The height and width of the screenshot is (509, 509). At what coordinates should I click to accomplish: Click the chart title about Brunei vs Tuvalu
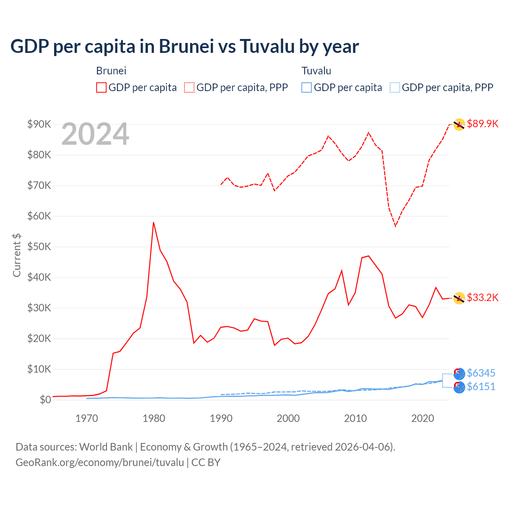(185, 47)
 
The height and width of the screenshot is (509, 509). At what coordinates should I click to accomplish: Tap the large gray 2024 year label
(95, 134)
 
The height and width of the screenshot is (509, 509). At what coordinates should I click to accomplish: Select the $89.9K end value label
(482, 124)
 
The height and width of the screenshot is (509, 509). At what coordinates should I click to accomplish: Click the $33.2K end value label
(482, 297)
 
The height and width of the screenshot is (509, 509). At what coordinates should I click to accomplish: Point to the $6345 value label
(481, 373)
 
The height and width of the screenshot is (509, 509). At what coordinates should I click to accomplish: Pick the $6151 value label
(481, 387)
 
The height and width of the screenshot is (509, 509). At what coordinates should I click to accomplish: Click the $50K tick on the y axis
(39, 247)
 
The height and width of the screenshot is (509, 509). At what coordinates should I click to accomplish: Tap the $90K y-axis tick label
(39, 124)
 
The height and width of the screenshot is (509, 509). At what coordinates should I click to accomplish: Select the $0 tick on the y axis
(45, 400)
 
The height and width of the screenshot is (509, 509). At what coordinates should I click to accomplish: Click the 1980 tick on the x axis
(154, 418)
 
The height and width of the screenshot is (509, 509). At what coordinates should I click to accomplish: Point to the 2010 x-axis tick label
(355, 418)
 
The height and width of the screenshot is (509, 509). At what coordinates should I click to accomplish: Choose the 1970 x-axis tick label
(87, 418)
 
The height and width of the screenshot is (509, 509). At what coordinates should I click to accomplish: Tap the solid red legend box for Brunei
(101, 87)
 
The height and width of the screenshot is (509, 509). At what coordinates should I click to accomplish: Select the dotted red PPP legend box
(189, 87)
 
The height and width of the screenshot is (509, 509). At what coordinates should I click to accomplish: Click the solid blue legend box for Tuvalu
(307, 87)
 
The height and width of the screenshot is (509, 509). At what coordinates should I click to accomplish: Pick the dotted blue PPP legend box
(395, 87)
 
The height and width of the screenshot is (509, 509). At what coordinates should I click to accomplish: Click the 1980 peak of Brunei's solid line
(153, 223)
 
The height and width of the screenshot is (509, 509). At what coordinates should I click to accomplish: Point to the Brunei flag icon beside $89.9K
(459, 124)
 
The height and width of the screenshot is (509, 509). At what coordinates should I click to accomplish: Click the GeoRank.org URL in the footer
(99, 462)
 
